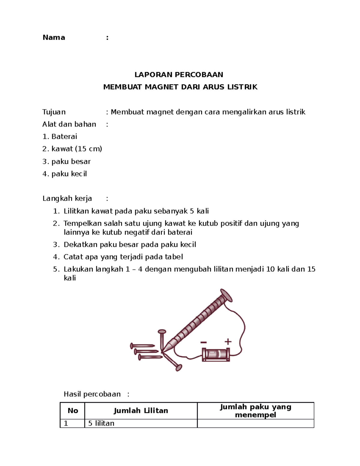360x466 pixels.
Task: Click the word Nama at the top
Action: click(x=54, y=38)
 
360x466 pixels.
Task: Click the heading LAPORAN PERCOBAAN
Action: click(x=178, y=74)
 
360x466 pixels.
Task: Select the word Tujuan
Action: click(x=54, y=112)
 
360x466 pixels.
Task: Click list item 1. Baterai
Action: click(x=60, y=137)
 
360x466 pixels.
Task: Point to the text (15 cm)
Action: click(x=88, y=149)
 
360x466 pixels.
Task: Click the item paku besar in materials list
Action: click(x=71, y=161)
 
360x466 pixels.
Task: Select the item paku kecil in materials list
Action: click(x=69, y=174)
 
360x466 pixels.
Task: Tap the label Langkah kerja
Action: click(x=67, y=198)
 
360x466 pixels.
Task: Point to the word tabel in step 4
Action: click(x=174, y=257)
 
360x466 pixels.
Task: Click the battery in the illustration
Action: click(x=216, y=354)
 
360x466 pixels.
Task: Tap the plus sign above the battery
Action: click(x=228, y=341)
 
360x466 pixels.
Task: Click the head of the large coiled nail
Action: click(x=226, y=295)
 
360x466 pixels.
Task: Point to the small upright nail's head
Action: click(x=162, y=332)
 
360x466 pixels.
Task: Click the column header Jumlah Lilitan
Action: click(x=141, y=410)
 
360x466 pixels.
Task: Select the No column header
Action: click(x=73, y=410)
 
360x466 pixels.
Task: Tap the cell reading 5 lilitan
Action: click(x=101, y=423)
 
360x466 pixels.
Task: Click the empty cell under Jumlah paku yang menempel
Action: click(x=255, y=423)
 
